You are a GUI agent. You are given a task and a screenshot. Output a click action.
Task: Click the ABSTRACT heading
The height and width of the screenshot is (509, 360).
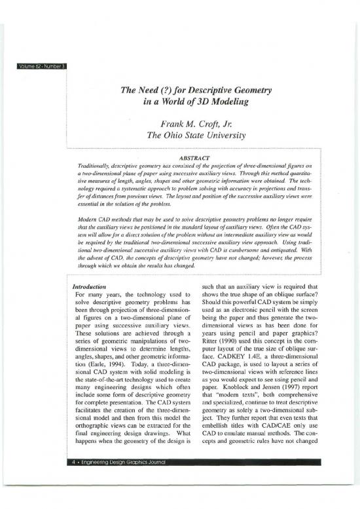[179, 157]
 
